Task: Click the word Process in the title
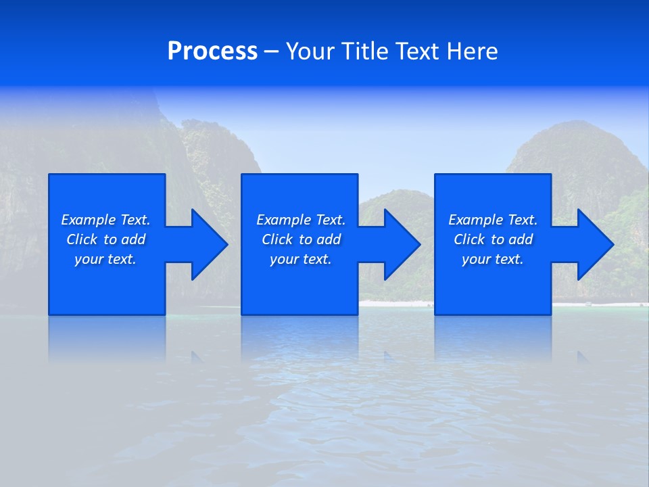[x=212, y=51]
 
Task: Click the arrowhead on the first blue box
[x=207, y=244]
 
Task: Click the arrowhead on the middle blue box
[x=400, y=244]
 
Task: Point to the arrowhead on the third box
[x=593, y=244]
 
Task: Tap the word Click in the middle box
[x=277, y=239]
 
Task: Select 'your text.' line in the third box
[x=492, y=259]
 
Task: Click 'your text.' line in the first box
[x=105, y=259]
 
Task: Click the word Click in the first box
[x=81, y=239]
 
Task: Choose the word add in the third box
[x=520, y=239]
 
